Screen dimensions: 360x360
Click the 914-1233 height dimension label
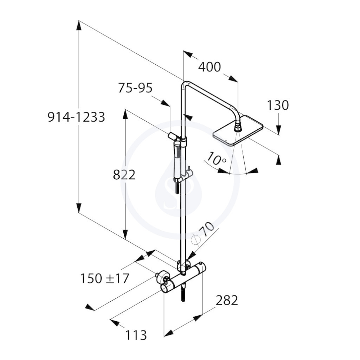click(x=76, y=117)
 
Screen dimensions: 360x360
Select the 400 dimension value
click(x=210, y=67)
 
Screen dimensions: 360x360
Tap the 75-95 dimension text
click(x=135, y=88)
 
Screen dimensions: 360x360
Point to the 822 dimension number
click(x=124, y=175)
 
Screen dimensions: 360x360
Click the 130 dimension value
click(x=278, y=105)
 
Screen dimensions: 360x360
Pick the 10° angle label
click(x=216, y=159)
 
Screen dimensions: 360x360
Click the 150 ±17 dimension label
click(x=104, y=278)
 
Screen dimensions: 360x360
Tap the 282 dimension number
click(x=227, y=300)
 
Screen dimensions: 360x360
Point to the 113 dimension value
click(x=136, y=335)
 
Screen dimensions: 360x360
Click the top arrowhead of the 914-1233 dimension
click(x=78, y=25)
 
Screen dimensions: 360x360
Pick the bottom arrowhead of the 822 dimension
click(x=125, y=234)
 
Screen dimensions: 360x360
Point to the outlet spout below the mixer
click(x=183, y=294)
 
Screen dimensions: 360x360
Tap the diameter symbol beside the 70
click(x=196, y=239)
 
